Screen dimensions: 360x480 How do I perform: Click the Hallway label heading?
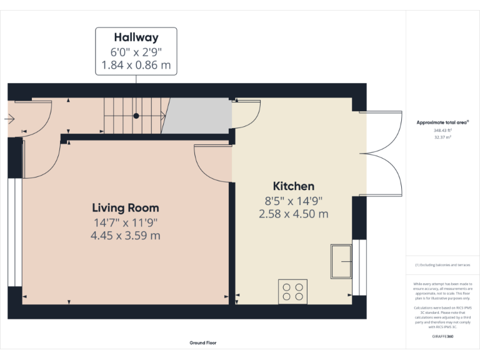point(136,37)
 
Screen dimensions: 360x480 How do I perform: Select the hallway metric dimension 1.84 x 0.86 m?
point(136,64)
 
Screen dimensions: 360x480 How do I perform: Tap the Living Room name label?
point(126,208)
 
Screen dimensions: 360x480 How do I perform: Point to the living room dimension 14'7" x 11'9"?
point(126,222)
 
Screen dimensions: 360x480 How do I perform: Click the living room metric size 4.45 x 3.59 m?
point(126,236)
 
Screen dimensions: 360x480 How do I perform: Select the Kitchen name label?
point(294,186)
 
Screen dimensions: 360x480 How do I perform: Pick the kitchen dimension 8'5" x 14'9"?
point(294,201)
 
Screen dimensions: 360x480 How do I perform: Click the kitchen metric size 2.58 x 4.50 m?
point(294,214)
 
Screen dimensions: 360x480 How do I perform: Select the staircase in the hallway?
point(132,116)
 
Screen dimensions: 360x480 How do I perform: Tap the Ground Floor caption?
point(203,342)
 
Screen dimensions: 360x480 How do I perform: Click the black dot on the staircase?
point(136,116)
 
